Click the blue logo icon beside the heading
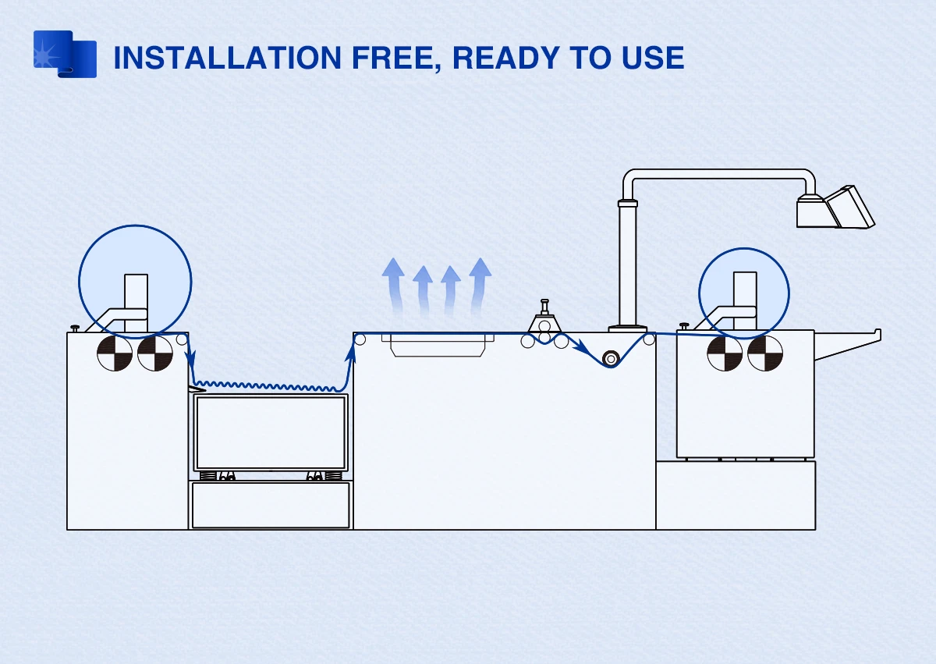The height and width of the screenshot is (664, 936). coord(65,54)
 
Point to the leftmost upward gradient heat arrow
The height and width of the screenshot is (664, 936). coord(392,285)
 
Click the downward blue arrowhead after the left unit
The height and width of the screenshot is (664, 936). coord(190,358)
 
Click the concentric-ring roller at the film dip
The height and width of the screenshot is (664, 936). coord(611,358)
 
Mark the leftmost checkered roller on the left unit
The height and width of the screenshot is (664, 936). coord(115,353)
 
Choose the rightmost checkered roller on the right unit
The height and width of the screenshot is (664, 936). coord(765,353)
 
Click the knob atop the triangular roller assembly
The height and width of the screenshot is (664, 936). coord(544,304)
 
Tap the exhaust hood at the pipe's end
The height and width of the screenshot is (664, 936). coord(835,208)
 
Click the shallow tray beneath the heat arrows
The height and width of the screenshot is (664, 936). coord(442,344)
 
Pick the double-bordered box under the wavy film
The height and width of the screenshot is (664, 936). coord(271,432)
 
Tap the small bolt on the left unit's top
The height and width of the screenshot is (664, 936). coord(75,328)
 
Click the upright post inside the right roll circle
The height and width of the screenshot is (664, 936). coord(745,296)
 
